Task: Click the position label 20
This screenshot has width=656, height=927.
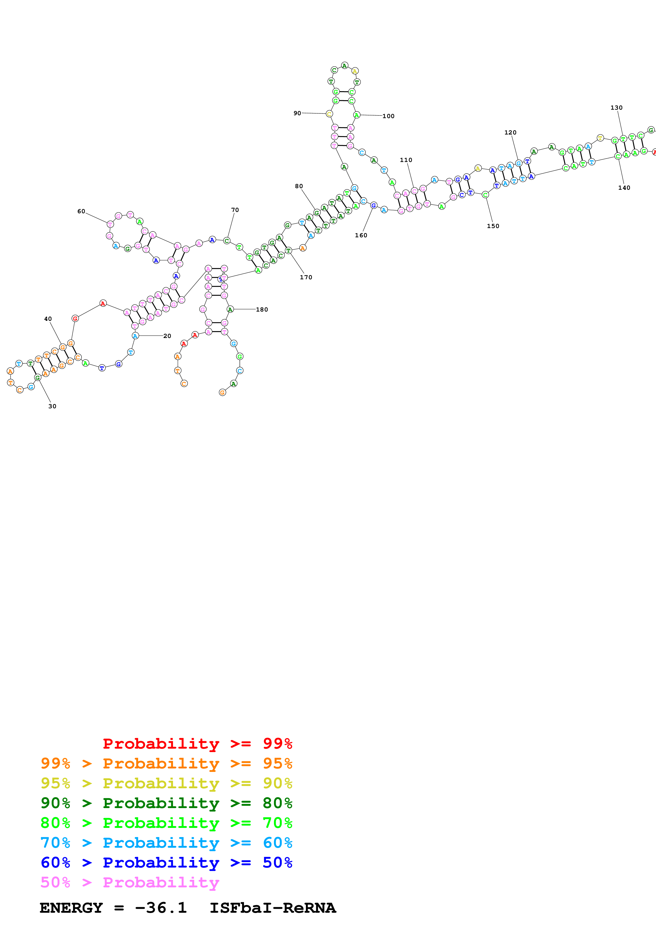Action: pos(167,336)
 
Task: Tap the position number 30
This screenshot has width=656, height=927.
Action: pos(52,406)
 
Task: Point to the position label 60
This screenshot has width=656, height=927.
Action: pos(81,211)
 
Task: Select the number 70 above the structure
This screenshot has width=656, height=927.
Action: pos(235,210)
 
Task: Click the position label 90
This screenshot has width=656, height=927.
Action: pos(297,113)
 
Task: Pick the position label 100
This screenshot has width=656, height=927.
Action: pos(388,116)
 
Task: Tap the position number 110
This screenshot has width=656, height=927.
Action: pos(406,160)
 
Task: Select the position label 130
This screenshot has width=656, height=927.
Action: pos(616,108)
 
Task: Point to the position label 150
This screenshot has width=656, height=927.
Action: pos(493,226)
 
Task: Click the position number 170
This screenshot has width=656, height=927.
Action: pos(306,277)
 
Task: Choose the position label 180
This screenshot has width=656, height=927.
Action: pos(262,310)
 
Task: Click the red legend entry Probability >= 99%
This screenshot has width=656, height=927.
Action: pos(197,743)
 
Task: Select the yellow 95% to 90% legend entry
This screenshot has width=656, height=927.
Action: pos(166,783)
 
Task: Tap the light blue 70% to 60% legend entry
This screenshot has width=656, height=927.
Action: pos(166,843)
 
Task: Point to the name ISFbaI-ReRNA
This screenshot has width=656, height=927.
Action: pos(272,908)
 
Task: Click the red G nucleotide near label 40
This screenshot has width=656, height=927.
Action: pos(75,318)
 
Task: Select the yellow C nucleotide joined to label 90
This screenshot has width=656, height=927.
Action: pos(329,114)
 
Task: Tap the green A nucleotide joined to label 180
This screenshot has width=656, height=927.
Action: pos(230,309)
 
